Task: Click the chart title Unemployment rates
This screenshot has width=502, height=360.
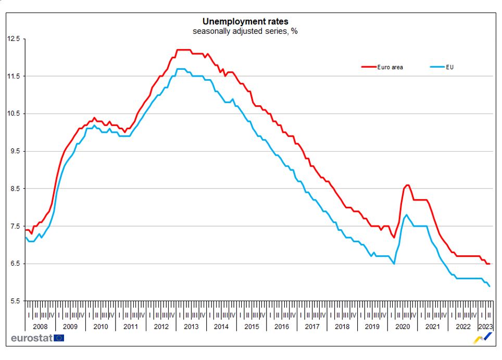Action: coord(245,21)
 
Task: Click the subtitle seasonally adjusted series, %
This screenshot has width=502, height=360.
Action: coord(245,31)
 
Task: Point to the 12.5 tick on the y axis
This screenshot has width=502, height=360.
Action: coord(14,39)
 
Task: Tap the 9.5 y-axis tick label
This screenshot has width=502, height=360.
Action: coord(14,151)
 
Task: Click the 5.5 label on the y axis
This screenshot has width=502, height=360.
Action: coord(14,301)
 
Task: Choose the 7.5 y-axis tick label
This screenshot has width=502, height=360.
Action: coord(14,226)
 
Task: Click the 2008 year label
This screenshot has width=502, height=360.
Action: coord(40,327)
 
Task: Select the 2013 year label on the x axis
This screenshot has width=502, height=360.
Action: coord(191,327)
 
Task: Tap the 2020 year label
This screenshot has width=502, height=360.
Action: coord(403,327)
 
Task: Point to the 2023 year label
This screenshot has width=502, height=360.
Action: coord(485,327)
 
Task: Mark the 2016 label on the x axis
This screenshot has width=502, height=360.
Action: coord(282,327)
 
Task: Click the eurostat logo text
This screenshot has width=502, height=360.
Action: coord(31,338)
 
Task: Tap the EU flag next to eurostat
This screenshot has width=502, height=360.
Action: coord(59,338)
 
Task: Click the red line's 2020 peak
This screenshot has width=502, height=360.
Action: coord(407,185)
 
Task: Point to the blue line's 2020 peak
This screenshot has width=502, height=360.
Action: coord(406,215)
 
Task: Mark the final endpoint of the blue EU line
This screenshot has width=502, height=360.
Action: coord(489,286)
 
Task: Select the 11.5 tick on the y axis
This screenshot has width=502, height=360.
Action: coord(14,76)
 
